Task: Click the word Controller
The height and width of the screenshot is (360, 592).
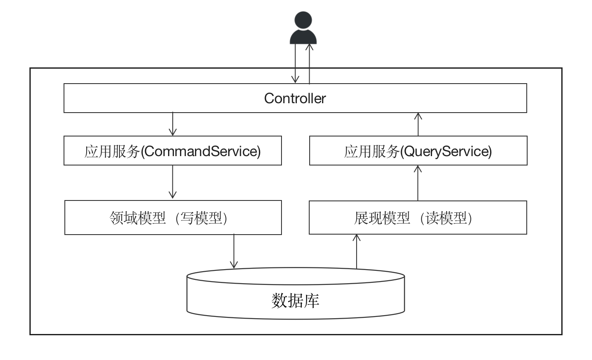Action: [x=295, y=99]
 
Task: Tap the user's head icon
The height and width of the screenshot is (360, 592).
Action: [x=303, y=20]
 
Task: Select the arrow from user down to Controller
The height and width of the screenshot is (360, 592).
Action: [x=295, y=64]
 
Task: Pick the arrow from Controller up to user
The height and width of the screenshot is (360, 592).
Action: [x=309, y=64]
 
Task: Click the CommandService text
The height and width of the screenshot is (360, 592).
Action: [x=200, y=151]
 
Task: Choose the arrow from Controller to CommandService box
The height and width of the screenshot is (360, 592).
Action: [x=173, y=124]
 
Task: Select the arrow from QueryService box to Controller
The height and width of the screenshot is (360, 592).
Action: [x=418, y=124]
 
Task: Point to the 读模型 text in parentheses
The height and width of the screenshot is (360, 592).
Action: [x=446, y=218]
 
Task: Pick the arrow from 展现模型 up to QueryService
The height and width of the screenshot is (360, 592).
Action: [x=418, y=183]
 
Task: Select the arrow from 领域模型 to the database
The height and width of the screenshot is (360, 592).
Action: [x=234, y=252]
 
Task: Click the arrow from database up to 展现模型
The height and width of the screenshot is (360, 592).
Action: [x=357, y=252]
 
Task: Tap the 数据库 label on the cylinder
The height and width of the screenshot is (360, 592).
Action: [x=295, y=301]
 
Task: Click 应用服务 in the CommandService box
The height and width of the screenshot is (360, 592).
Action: [x=112, y=151]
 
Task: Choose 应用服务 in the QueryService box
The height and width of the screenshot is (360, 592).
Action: [x=371, y=151]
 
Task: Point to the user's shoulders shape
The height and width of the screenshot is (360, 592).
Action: [x=303, y=38]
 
